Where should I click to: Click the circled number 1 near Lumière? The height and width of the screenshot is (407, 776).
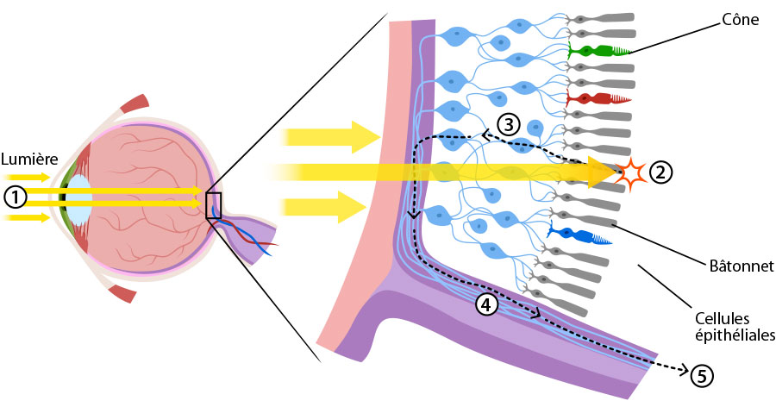15,197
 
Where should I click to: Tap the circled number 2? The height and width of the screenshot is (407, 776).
660,172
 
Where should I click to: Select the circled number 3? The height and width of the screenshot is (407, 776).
509,124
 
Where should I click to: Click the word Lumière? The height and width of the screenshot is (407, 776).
28,160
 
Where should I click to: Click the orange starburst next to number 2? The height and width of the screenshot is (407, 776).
632,173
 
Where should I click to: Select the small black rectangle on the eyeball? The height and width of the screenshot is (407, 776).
214,204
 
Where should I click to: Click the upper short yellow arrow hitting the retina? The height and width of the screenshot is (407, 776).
332,135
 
